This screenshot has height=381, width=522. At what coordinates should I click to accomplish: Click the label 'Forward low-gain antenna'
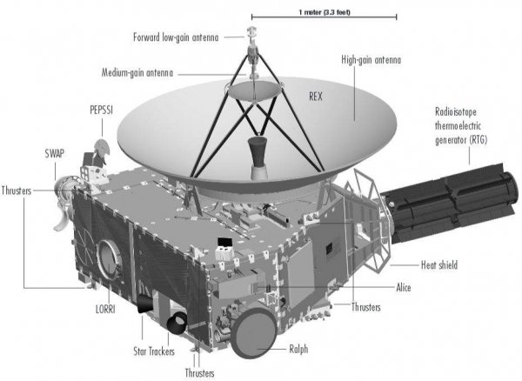[x=176, y=37]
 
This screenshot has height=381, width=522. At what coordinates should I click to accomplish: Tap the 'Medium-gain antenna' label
[x=137, y=72]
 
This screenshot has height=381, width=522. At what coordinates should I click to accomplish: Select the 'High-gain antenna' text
[x=371, y=60]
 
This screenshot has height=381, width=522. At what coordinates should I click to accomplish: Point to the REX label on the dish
[x=316, y=97]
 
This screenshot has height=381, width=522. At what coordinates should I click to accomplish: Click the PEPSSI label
[x=102, y=110]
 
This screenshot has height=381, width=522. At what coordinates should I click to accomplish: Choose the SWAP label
[x=55, y=153]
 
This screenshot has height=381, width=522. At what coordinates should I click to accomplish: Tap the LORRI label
[x=105, y=309]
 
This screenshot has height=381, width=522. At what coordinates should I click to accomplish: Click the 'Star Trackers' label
[x=154, y=351]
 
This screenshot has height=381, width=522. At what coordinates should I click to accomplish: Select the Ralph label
[x=298, y=349]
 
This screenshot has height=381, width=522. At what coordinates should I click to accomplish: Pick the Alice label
[x=404, y=287]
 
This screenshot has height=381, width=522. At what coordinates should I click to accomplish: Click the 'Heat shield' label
[x=439, y=264]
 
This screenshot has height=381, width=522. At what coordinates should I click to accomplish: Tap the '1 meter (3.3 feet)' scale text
[x=325, y=13]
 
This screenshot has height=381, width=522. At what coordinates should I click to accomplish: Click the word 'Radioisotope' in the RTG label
[x=456, y=112]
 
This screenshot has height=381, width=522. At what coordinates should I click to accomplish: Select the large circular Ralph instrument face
[x=254, y=333]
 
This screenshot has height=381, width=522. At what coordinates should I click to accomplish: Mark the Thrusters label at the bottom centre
[x=200, y=373]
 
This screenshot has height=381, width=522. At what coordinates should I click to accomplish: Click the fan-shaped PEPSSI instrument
[x=102, y=148]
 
